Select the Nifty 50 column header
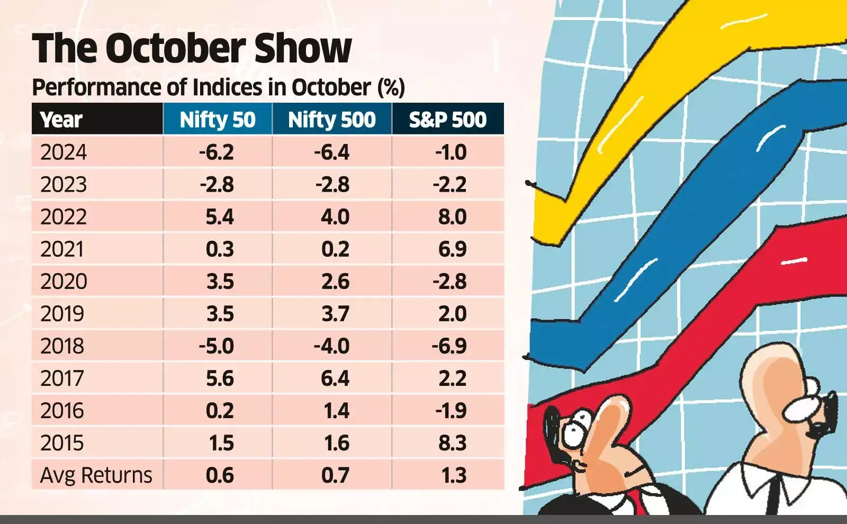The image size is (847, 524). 218,120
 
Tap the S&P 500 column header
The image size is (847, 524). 447,120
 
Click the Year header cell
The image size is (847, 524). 61,120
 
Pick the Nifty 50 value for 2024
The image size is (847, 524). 217,152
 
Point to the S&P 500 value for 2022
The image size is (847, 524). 452,217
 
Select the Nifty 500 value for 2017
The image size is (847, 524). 335,378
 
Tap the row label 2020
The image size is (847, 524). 64,282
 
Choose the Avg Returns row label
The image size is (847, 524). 96,475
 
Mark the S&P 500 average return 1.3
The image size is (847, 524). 454,475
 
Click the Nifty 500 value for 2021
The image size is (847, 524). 335,249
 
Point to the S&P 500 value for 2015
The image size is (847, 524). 452,443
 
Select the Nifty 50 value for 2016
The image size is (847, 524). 220,411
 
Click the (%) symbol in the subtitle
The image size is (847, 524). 391,87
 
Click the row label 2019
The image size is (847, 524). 62,314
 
